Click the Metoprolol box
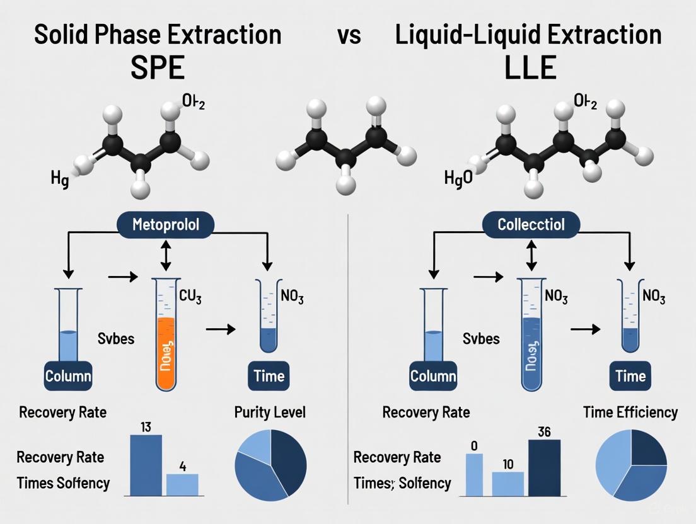point(166,224)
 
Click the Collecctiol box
point(532,224)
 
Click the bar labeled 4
point(182,484)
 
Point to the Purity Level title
point(270,413)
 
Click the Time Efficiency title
point(630,413)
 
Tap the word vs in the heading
point(348,34)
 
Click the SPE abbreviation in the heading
point(158,67)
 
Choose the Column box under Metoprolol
point(67,376)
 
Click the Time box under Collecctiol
point(630,376)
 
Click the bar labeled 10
point(507,482)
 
